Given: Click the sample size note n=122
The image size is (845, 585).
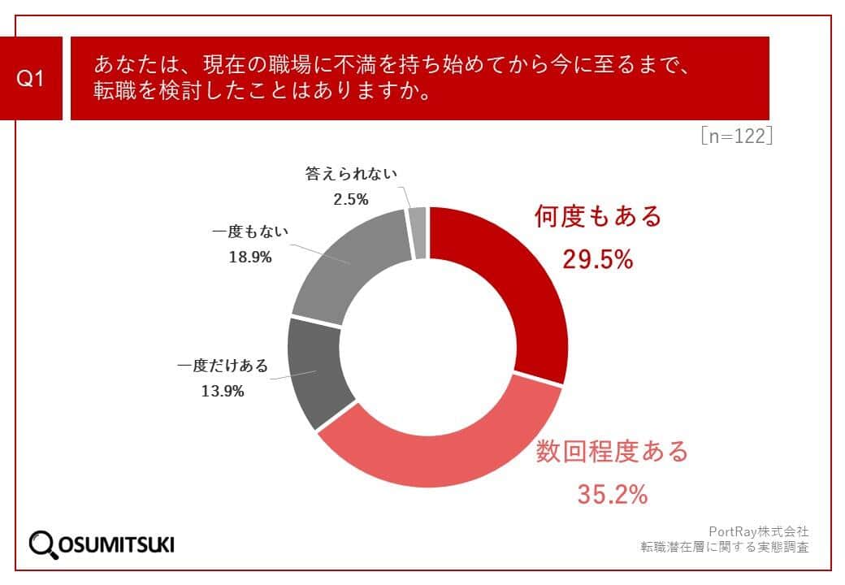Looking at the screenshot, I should pos(735,136).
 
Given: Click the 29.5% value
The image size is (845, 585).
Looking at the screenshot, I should pos(598,259).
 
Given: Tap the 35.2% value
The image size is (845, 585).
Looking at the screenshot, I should pos(613,493).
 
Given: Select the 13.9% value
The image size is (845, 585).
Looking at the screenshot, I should pos(223,391).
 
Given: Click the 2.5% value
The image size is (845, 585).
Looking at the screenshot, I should pos(351,198).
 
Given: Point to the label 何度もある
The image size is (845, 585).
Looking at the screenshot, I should pos(599,217).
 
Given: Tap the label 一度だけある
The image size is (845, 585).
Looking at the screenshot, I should pos(223,366).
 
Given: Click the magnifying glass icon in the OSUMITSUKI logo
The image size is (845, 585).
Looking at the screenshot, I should pos(43,544).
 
